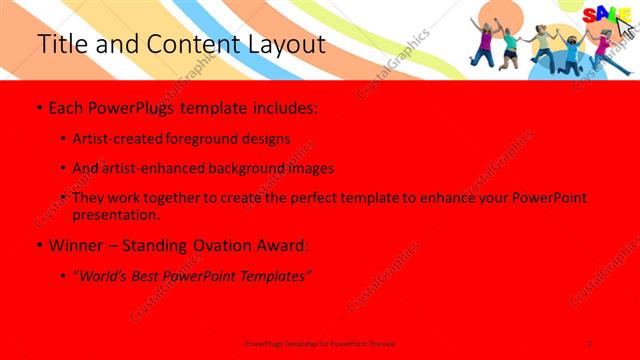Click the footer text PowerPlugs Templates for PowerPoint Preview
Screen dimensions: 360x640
coord(320,342)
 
